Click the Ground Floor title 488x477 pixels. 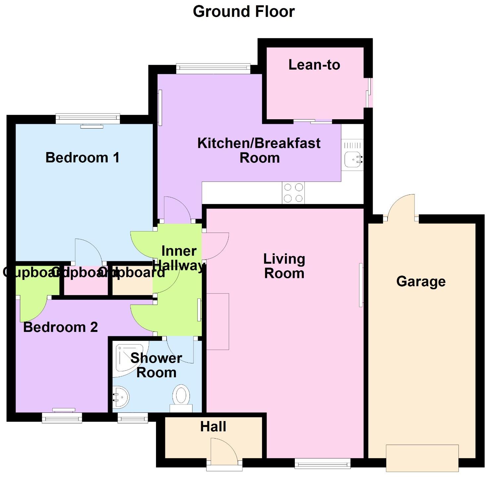click(244, 12)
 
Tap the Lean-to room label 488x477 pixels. click(314, 65)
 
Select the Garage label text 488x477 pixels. click(421, 282)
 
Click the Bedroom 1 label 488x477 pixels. click(82, 157)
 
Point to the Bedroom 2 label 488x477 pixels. click(60, 327)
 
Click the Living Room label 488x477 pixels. click(284, 266)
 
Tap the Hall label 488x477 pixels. click(213, 427)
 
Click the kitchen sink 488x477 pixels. click(353, 159)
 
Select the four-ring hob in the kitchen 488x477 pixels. click(293, 193)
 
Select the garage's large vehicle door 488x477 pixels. click(422, 458)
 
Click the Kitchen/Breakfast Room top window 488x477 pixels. click(213, 68)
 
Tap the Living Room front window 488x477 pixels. click(322, 463)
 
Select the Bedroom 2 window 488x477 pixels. click(62, 418)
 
